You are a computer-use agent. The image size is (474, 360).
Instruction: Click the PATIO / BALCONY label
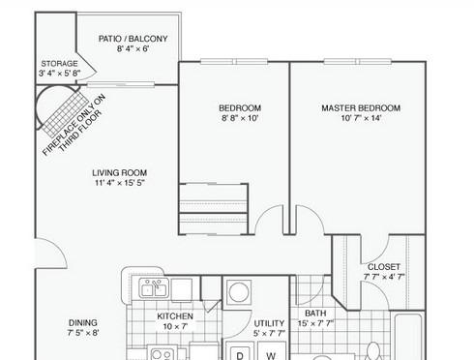click(133, 39)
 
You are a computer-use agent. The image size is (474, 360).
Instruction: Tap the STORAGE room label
click(60, 64)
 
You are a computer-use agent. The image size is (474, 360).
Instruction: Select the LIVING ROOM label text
click(120, 173)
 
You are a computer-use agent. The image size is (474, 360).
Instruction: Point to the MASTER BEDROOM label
click(361, 108)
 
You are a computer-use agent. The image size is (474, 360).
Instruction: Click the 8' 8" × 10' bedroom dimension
click(240, 118)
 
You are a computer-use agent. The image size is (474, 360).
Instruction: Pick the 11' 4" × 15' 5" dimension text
click(120, 183)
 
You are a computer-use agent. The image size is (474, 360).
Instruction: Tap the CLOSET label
click(384, 267)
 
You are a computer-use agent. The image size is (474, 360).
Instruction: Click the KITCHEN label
click(175, 316)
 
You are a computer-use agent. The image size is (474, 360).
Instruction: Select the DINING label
click(83, 322)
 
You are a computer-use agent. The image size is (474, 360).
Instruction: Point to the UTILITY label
click(269, 323)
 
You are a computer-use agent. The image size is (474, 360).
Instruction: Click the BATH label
click(315, 314)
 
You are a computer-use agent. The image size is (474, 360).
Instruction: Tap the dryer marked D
click(240, 352)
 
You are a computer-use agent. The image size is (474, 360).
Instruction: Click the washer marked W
click(271, 352)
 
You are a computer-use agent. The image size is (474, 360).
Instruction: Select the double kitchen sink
click(154, 287)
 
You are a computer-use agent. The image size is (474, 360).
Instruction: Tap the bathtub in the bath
click(407, 337)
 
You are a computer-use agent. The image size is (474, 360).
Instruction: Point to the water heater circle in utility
click(238, 293)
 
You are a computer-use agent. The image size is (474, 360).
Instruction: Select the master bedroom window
click(358, 61)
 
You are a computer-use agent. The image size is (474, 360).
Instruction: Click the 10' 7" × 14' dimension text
click(361, 118)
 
